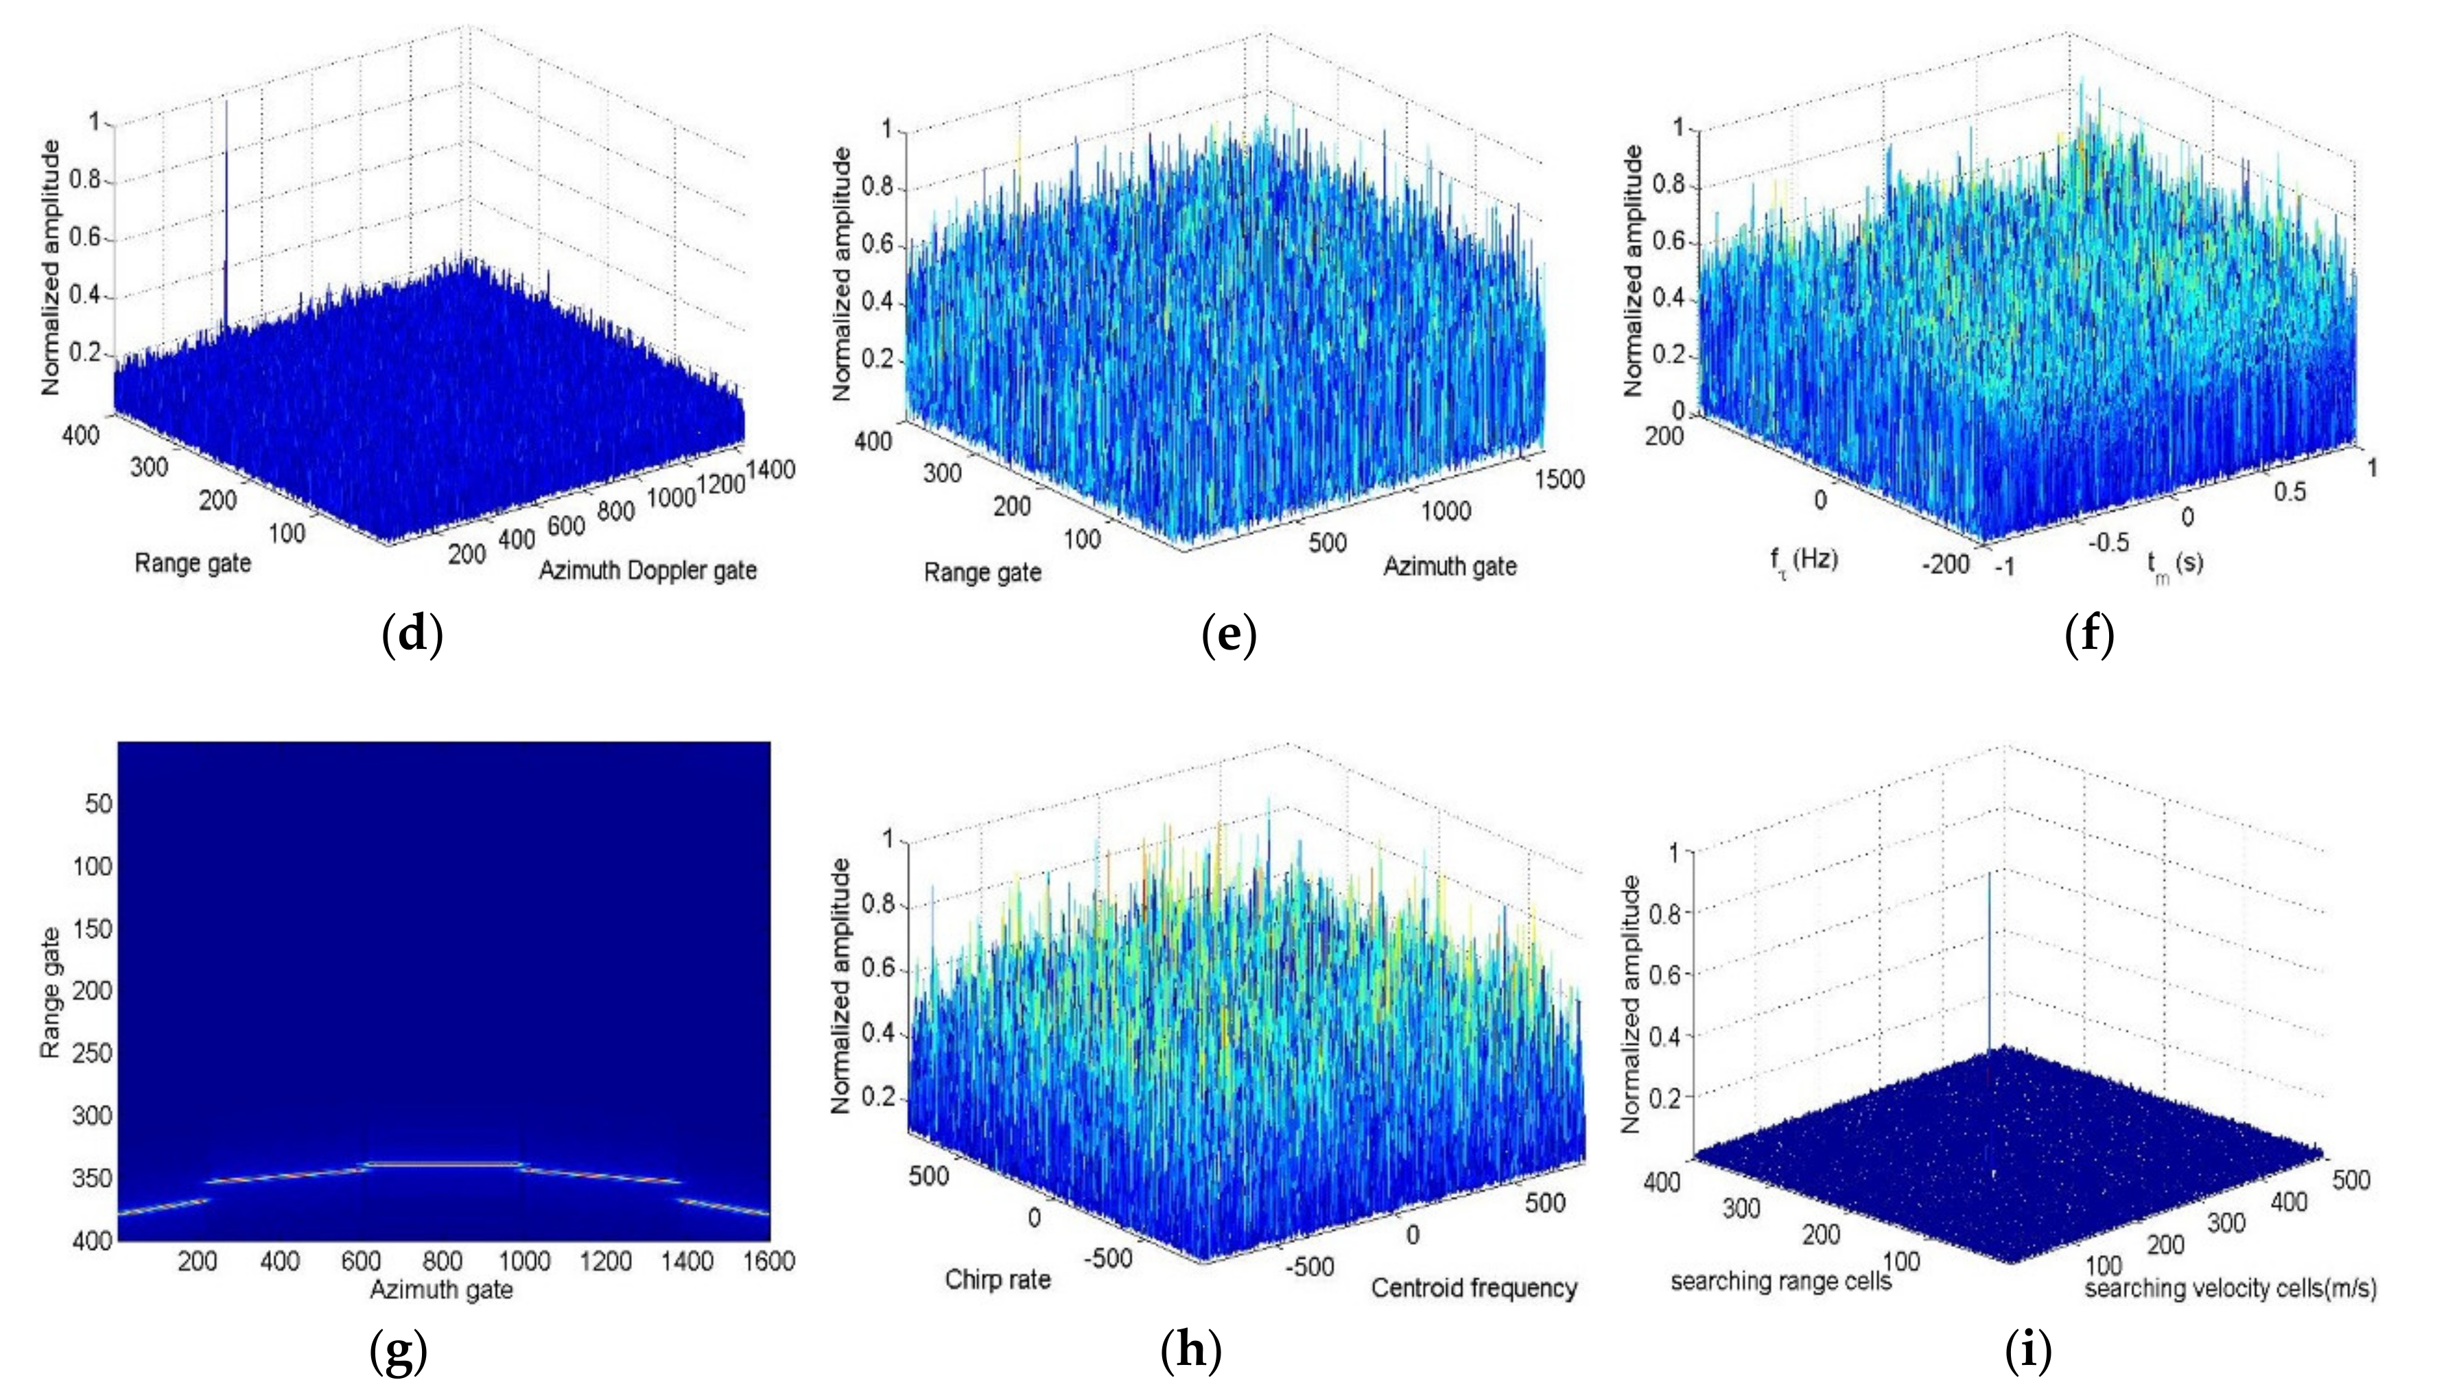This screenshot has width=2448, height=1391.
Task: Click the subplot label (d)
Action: (x=412, y=635)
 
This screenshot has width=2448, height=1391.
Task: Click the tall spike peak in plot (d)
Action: (x=226, y=103)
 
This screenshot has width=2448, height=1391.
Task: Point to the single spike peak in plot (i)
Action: (x=1990, y=874)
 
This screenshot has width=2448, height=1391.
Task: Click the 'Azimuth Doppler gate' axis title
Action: (x=647, y=571)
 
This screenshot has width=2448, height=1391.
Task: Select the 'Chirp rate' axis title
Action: (x=998, y=1279)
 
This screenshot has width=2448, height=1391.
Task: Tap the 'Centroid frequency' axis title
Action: (x=1473, y=1289)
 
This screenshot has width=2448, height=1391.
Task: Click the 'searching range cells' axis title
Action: (x=1780, y=1281)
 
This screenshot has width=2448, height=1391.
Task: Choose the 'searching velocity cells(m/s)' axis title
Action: (x=2230, y=1289)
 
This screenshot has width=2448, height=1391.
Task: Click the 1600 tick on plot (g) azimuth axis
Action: (x=768, y=1262)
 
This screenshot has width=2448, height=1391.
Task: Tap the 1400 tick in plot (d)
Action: (x=770, y=469)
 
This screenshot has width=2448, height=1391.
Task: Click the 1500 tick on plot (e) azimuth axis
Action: (x=1558, y=479)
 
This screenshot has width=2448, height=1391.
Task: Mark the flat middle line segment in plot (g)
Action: (x=443, y=1163)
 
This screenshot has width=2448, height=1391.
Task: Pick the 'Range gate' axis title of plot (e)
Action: (x=982, y=573)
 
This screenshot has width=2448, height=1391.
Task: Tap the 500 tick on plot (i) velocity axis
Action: (x=2351, y=1181)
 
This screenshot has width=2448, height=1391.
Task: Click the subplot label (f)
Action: (x=2088, y=635)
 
